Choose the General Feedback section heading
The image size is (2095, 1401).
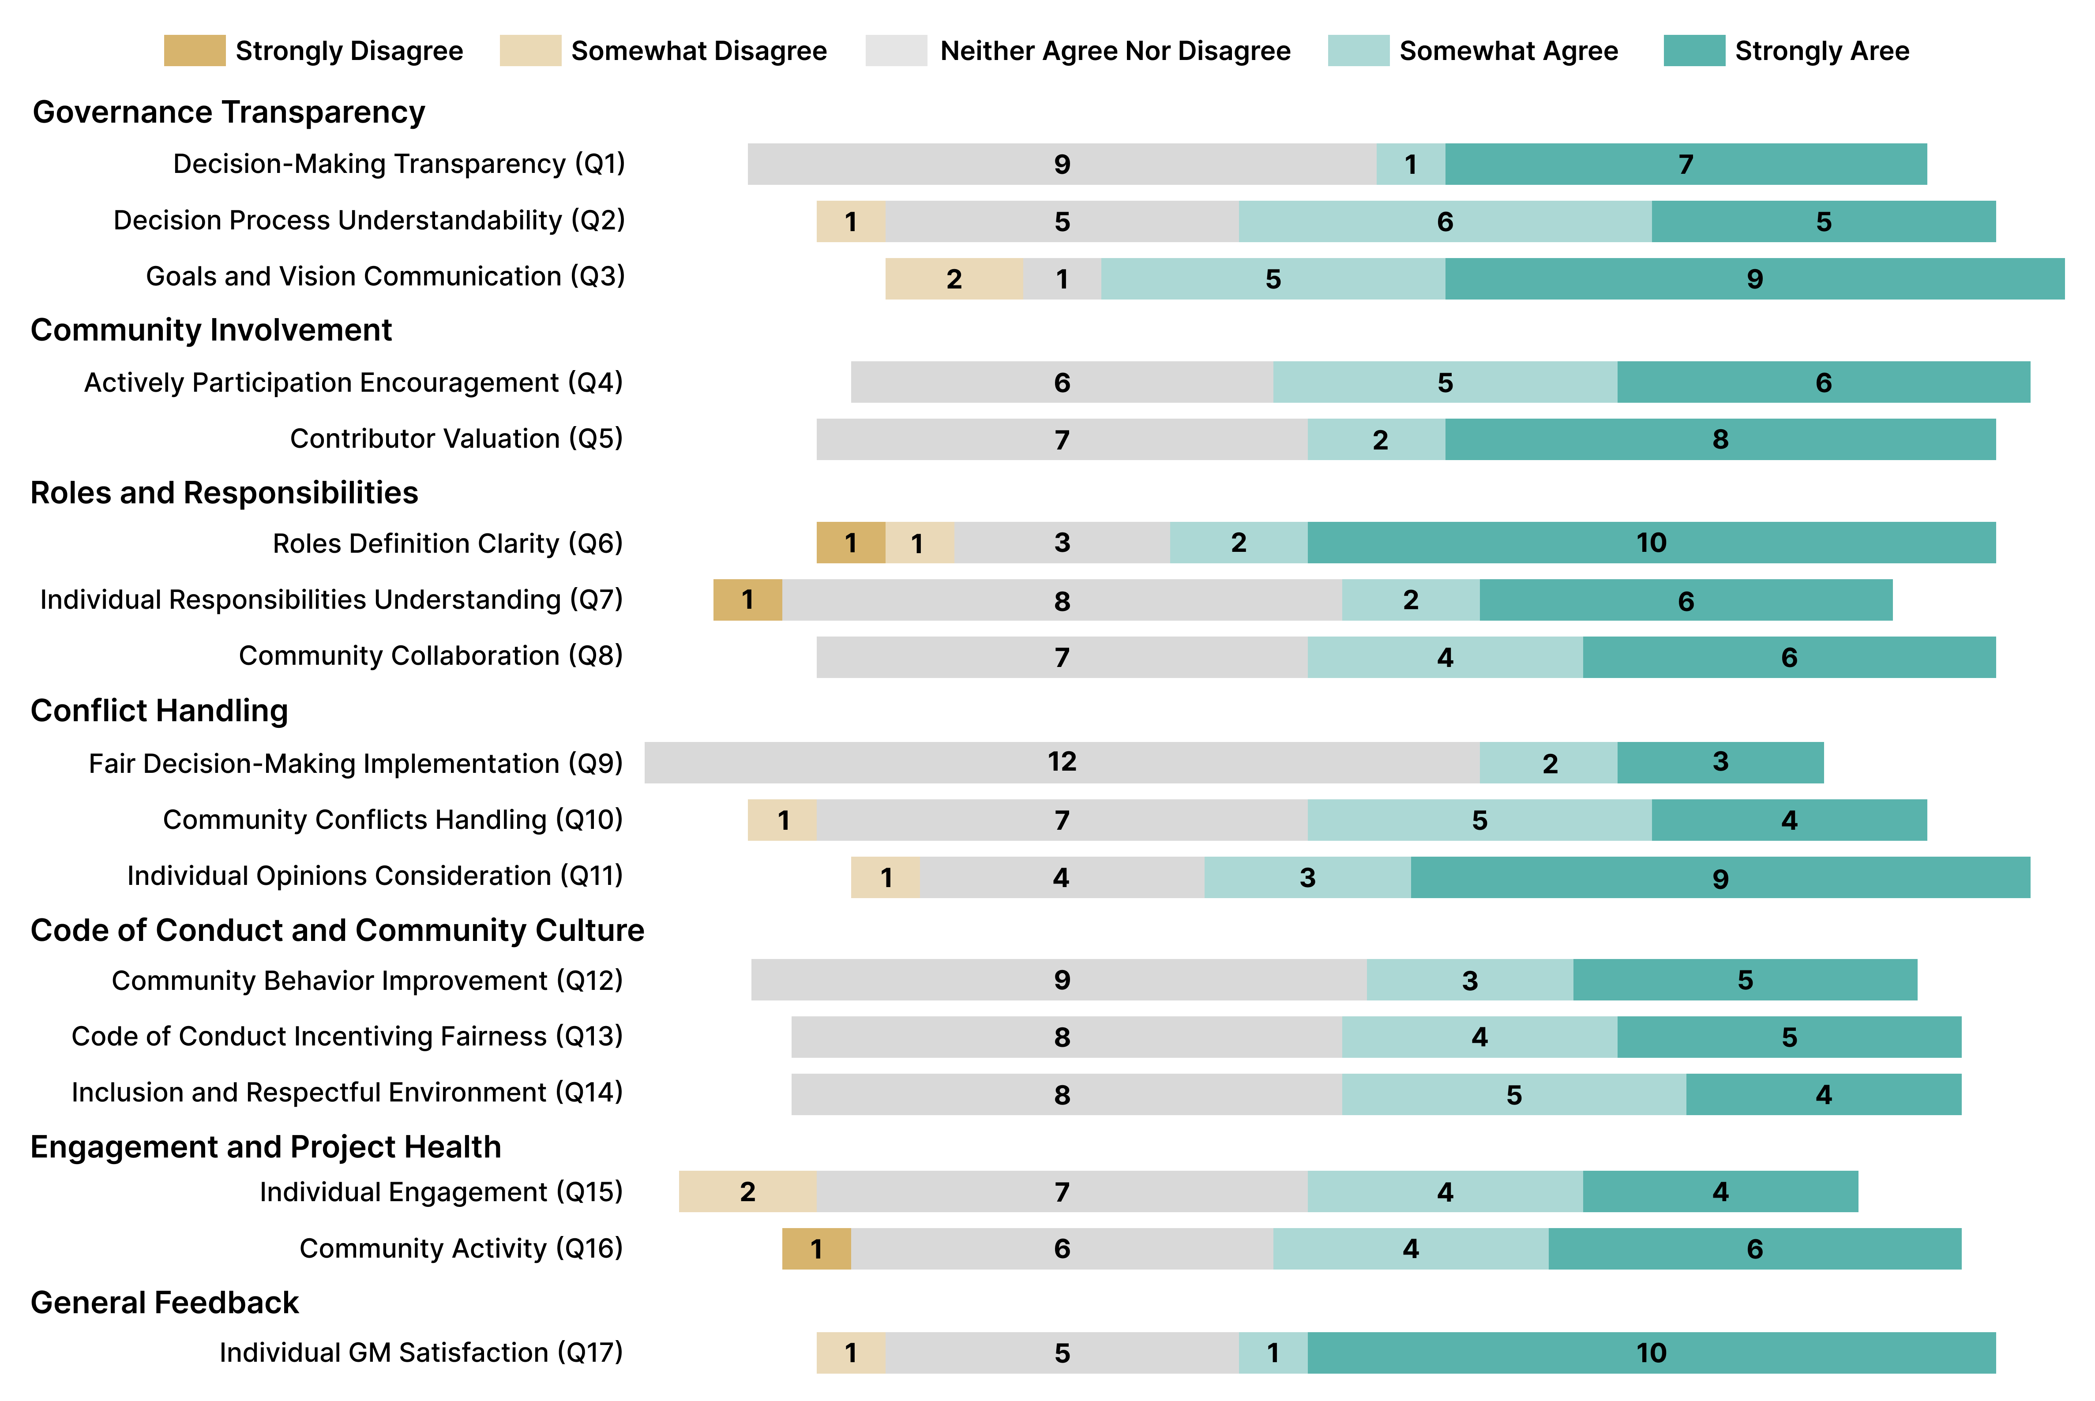pos(165,1303)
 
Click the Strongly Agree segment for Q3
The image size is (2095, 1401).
pos(1753,279)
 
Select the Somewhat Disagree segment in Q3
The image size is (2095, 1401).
pos(954,279)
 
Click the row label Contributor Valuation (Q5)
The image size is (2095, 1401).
pos(456,439)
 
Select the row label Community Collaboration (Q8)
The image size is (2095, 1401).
pos(430,656)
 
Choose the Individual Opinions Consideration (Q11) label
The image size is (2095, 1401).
pos(375,876)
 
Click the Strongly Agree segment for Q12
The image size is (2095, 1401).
pos(1744,980)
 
